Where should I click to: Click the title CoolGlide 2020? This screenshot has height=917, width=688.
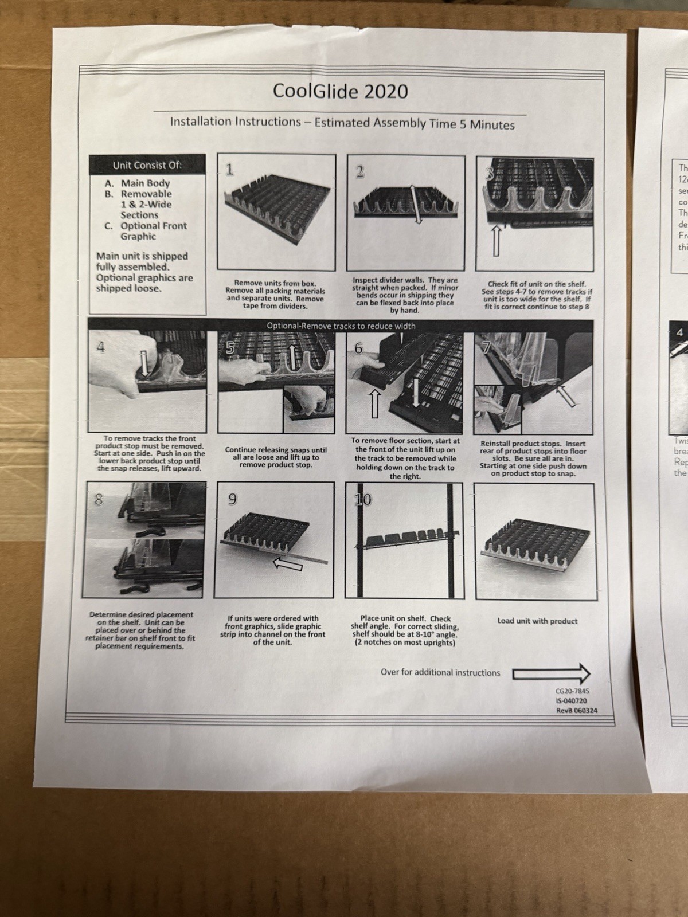[x=341, y=91]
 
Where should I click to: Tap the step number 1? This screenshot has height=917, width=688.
[x=230, y=168]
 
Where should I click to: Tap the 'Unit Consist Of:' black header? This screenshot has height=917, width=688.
[x=147, y=166]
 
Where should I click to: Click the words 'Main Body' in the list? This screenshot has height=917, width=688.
[x=146, y=183]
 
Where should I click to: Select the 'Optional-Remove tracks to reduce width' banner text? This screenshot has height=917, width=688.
[x=341, y=326]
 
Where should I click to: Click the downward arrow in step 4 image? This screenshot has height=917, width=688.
[x=144, y=363]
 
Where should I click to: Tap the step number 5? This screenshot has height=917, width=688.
[x=230, y=348]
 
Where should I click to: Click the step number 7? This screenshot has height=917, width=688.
[x=486, y=348]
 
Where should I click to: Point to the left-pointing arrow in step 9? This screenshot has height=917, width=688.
[x=287, y=565]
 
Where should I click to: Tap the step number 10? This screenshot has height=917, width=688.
[x=363, y=499]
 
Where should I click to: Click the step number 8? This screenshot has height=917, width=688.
[x=99, y=499]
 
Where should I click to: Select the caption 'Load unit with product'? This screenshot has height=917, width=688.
[x=537, y=621]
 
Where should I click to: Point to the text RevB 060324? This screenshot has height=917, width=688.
[x=576, y=710]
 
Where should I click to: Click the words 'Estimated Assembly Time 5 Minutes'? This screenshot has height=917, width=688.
[x=415, y=124]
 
